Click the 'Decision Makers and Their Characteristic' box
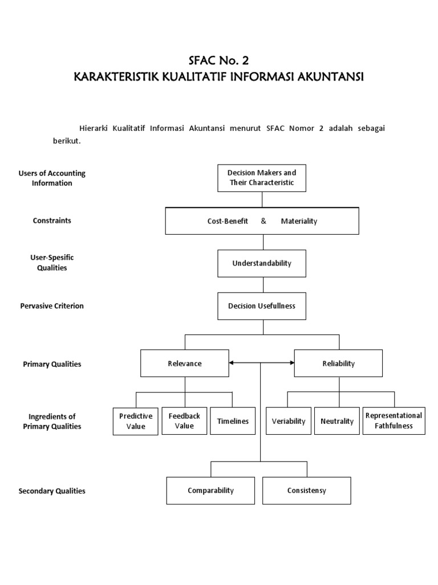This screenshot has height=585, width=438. (262, 178)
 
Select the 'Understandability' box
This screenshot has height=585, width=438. (262, 263)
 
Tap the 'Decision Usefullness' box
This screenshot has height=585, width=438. (262, 306)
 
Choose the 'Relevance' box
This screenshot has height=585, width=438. (185, 363)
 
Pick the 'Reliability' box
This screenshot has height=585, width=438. (338, 363)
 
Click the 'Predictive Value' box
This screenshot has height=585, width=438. (136, 421)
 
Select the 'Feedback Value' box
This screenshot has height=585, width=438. (184, 421)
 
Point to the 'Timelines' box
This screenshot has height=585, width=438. (233, 421)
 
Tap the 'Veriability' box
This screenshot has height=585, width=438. (289, 421)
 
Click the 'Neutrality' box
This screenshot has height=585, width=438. (337, 421)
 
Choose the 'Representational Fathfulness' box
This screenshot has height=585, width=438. (394, 421)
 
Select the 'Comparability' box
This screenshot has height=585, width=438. (210, 491)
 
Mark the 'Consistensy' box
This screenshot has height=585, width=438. (307, 491)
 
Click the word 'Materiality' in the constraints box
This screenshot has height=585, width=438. (299, 221)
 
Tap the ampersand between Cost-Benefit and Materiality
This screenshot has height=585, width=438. (263, 221)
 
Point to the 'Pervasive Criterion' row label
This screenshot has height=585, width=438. (52, 306)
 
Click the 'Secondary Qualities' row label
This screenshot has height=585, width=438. (52, 491)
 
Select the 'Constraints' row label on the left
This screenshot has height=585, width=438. (52, 221)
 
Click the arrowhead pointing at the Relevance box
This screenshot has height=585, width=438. (231, 363)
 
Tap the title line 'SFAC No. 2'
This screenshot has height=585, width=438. (218, 61)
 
